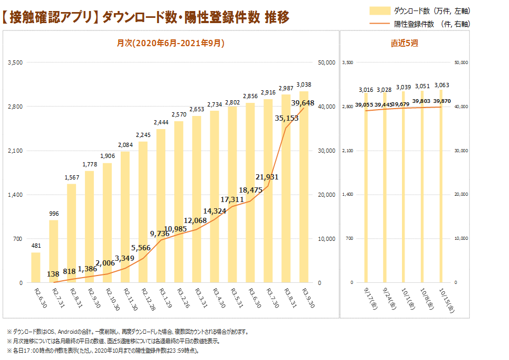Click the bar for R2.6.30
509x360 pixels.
[36, 268]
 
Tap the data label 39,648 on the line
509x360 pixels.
[302, 103]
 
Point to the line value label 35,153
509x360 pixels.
[287, 119]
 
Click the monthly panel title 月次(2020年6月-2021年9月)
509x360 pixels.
[170, 44]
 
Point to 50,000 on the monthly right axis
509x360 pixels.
[326, 62]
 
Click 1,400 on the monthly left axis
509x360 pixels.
[14, 195]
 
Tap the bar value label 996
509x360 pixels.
[54, 213]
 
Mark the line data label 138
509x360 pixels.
[53, 274]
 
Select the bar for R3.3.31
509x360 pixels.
[197, 199]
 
